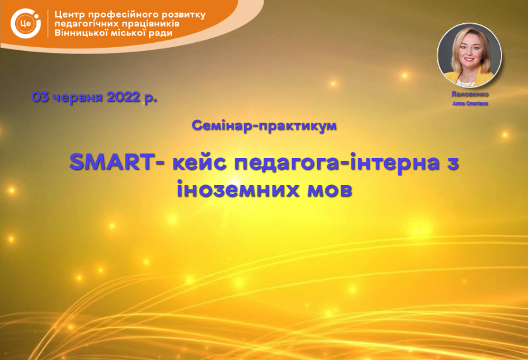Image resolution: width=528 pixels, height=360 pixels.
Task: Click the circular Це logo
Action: pyautogui.click(x=26, y=23)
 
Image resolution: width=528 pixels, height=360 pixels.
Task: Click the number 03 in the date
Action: pyautogui.click(x=40, y=97)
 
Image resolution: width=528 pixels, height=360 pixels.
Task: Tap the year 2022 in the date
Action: pyautogui.click(x=123, y=97)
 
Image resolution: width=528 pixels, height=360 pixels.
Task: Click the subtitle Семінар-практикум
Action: pyautogui.click(x=264, y=126)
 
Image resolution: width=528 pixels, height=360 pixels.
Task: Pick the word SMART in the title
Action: pyautogui.click(x=112, y=162)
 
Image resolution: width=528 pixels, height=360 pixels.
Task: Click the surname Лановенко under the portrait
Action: pyautogui.click(x=470, y=94)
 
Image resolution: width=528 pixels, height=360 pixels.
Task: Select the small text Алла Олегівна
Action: pyautogui.click(x=470, y=103)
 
